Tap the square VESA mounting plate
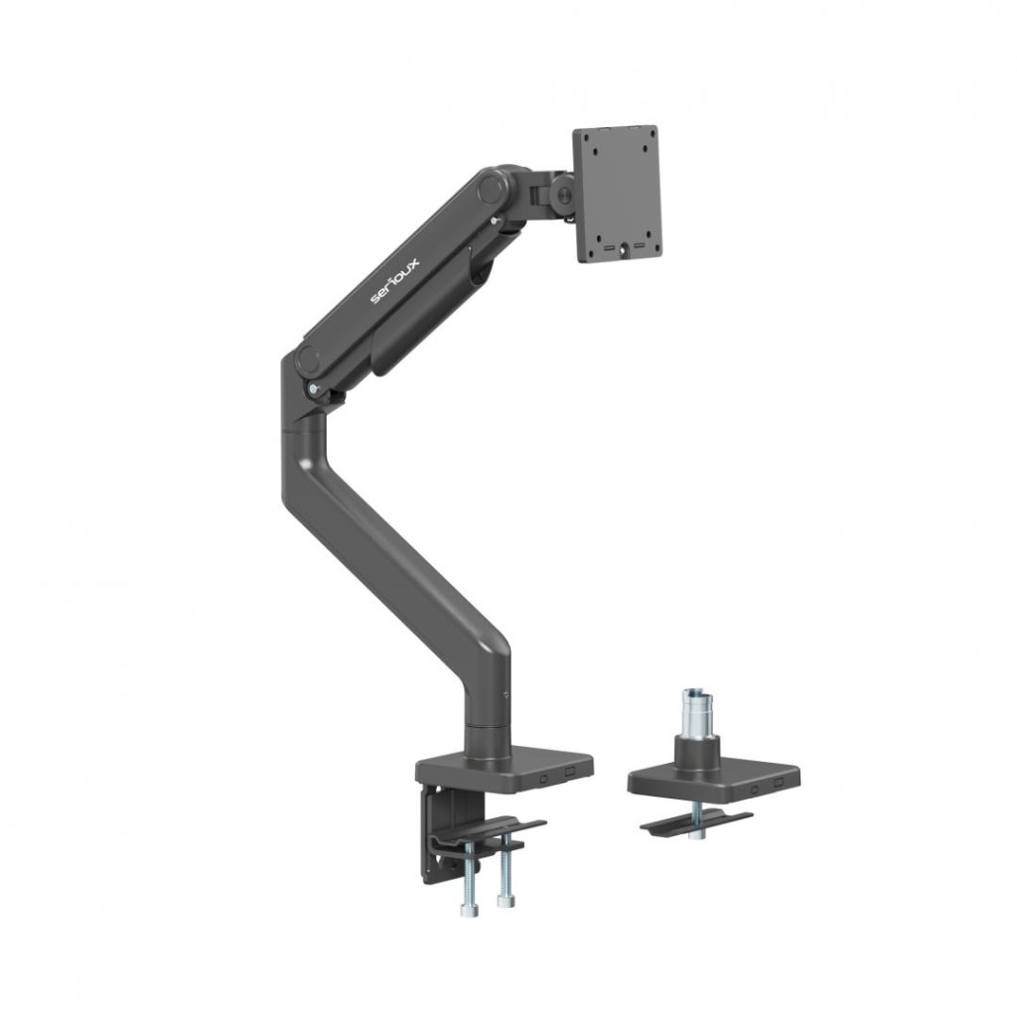coord(617,193)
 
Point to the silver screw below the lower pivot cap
coord(315,388)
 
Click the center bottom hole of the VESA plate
coord(624,251)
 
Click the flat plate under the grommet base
coord(695,822)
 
